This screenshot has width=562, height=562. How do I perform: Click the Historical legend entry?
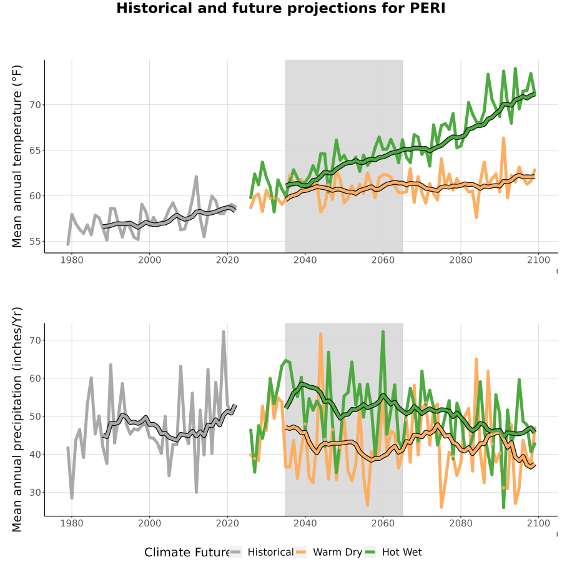pyautogui.click(x=262, y=552)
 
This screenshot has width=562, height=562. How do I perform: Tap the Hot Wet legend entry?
pyautogui.click(x=393, y=552)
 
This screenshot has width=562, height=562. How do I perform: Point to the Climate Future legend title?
pyautogui.click(x=187, y=553)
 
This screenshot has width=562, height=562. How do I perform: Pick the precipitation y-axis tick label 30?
pyautogui.click(x=36, y=493)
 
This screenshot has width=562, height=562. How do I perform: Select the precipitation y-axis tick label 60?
pyautogui.click(x=36, y=378)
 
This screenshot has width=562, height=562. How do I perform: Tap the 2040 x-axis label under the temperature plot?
pyautogui.click(x=305, y=260)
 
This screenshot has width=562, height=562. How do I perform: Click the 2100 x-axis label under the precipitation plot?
pyautogui.click(x=538, y=523)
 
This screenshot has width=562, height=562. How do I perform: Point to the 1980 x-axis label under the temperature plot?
pyautogui.click(x=72, y=260)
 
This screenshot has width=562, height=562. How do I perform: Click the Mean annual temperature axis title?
pyautogui.click(x=17, y=156)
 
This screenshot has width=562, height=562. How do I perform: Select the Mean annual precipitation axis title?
pyautogui.click(x=17, y=420)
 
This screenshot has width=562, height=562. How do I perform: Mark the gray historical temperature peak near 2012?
pyautogui.click(x=196, y=177)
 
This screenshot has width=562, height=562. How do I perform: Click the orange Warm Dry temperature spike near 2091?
pyautogui.click(x=503, y=138)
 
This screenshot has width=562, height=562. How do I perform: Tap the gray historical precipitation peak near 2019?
pyautogui.click(x=224, y=332)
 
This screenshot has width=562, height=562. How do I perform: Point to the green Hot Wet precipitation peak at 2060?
pyautogui.click(x=383, y=332)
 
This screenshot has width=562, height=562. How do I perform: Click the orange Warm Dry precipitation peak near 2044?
pyautogui.click(x=320, y=333)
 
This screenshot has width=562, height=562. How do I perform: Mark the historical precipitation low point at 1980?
pyautogui.click(x=72, y=498)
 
